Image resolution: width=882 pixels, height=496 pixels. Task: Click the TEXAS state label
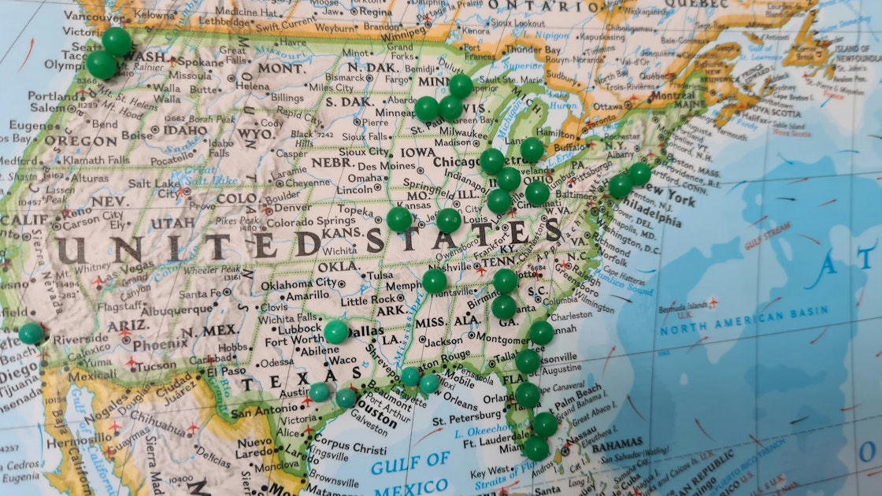pyautogui.click(x=272, y=385)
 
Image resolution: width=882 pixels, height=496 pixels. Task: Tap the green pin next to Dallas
pyautogui.click(x=336, y=331)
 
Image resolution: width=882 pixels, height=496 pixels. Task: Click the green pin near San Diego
pyautogui.click(x=31, y=334)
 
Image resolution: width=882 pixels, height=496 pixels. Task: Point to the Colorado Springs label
pyautogui.click(x=300, y=222)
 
